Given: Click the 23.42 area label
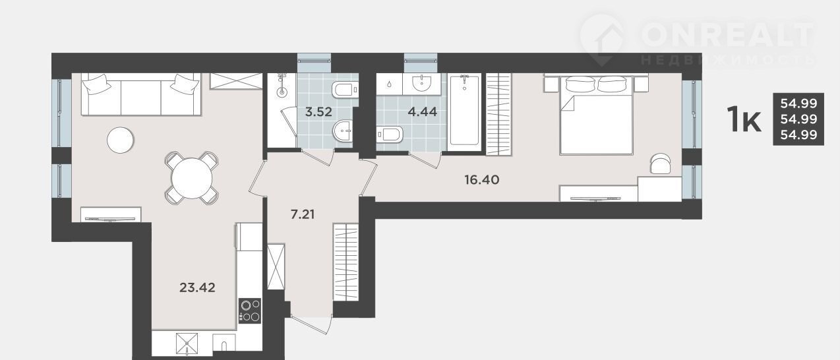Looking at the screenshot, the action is click(197, 287).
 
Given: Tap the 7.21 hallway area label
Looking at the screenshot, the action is click(303, 214).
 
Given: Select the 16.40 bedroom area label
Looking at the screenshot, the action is click(482, 180).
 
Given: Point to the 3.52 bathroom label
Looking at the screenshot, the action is click(318, 111).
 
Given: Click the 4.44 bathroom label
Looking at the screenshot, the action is click(422, 111).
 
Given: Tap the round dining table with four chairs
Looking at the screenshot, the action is click(192, 178).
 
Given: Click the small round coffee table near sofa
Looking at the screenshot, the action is click(120, 140).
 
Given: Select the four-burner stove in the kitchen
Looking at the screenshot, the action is click(250, 311).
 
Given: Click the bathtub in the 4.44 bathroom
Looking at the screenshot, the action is click(464, 111).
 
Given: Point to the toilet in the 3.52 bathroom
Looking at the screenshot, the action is click(345, 90).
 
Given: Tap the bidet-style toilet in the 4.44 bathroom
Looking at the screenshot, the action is click(389, 135).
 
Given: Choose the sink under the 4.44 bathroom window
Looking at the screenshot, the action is click(422, 83).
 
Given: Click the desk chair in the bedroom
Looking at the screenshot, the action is click(661, 164).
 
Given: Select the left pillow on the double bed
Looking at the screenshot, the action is click(580, 84).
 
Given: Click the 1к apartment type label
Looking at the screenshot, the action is click(744, 119).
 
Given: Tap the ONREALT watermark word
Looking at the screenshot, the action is click(727, 34).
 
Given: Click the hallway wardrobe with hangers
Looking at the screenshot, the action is click(345, 262).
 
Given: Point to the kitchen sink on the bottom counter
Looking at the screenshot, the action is click(224, 343).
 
